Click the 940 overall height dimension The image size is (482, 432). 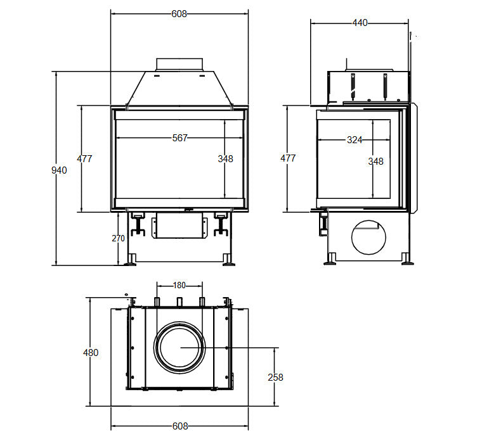point(59,170)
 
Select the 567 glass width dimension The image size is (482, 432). point(180,138)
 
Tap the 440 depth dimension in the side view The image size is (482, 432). point(360,23)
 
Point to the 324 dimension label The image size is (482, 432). point(355,140)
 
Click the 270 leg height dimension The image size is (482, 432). point(118,238)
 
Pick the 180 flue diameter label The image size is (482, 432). point(179,286)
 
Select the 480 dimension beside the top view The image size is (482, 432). point(91,352)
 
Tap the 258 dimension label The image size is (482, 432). point(275,377)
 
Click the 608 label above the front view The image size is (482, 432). point(179,14)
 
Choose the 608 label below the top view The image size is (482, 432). point(180,426)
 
